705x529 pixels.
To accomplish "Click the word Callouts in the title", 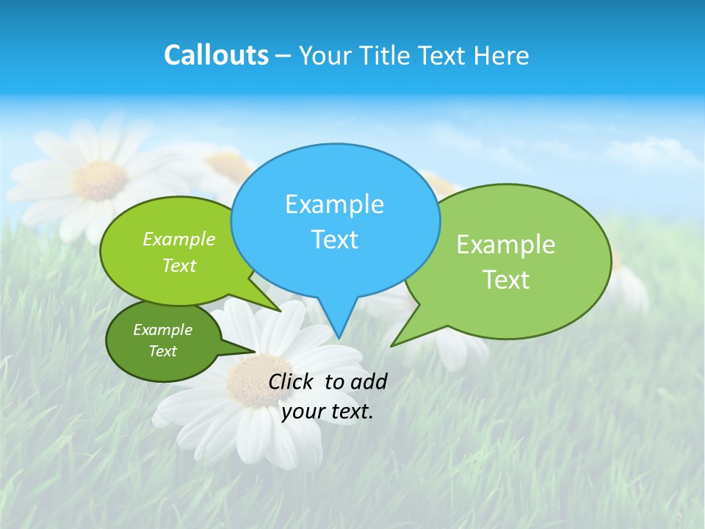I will click(216, 55).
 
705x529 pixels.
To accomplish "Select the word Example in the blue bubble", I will click(334, 204).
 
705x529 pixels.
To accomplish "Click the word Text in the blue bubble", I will click(334, 240).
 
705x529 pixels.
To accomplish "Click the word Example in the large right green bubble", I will click(506, 245).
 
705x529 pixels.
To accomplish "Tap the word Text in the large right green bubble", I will click(506, 280).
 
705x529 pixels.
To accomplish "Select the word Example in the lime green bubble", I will click(179, 240).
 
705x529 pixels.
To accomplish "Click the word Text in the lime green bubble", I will click(179, 265).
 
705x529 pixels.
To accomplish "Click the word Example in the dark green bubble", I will click(162, 330).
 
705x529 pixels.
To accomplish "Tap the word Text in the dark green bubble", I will click(162, 351).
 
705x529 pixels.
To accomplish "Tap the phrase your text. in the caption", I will click(328, 411).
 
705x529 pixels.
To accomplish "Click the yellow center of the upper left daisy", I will click(101, 180).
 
